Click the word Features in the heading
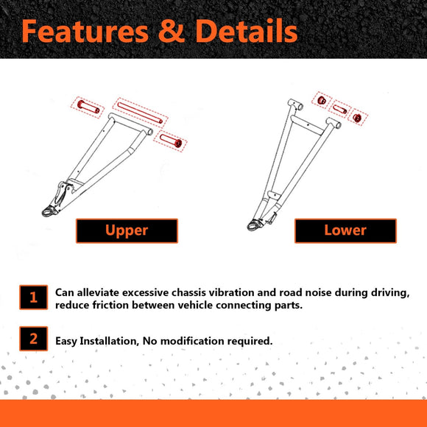pos(85,31)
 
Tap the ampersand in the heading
pos(172,31)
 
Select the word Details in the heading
pos(247,31)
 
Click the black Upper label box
pos(127,230)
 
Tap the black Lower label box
pos(345,230)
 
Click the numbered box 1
pos(33,297)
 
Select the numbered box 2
pos(33,339)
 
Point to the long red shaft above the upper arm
pos(140,113)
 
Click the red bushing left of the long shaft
pos(88,107)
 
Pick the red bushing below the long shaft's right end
pos(171,141)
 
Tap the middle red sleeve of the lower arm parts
pos(340,109)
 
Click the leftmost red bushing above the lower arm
pos(322,100)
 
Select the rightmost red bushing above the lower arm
pos(357,118)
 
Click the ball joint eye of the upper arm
pos(49,211)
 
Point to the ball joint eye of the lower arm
pos(253,225)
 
